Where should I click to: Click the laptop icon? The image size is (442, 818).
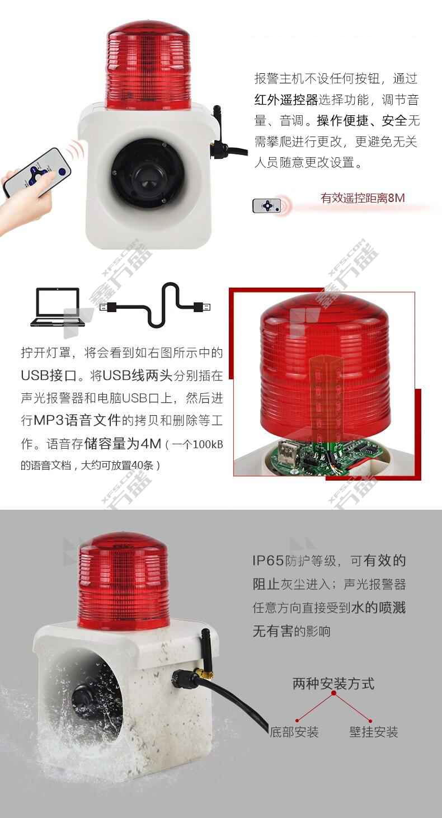pos(58,307)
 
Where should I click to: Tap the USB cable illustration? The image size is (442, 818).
pos(155,305)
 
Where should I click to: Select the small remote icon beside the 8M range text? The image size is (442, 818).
pos(267,205)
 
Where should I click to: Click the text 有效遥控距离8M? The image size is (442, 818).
pos(363,198)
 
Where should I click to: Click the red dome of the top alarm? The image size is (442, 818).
pos(148,65)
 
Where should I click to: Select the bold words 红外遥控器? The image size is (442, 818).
pos(286,100)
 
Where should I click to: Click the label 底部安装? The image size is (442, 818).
pos(294,731)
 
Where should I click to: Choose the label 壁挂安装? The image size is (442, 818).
pos(373,731)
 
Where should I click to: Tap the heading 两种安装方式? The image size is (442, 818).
pos(333,683)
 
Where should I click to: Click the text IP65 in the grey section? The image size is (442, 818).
pos(268,561)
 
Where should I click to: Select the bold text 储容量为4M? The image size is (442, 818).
pos(123,443)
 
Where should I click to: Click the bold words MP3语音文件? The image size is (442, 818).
pos(77,420)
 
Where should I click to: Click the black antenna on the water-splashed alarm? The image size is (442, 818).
pos(206,650)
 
